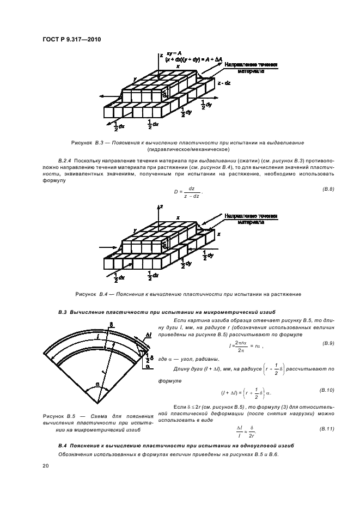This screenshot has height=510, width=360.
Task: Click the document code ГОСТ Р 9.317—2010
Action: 71,40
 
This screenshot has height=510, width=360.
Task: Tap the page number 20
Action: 45,465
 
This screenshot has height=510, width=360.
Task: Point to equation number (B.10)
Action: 327,391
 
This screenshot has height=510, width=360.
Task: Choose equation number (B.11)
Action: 327,429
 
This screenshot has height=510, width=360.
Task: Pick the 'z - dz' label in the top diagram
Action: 224,83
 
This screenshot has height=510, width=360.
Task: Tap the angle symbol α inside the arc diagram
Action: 98,384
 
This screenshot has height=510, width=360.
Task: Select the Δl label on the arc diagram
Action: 148,335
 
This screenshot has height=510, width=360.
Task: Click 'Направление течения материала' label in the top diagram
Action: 251,68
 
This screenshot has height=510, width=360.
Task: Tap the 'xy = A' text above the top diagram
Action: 174,52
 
